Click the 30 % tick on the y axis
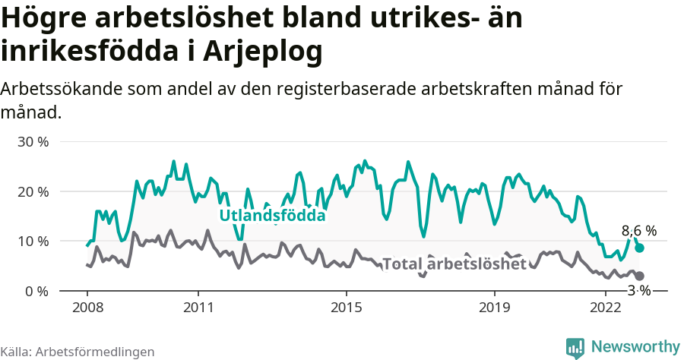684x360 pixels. (33, 142)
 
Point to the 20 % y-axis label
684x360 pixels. (33, 191)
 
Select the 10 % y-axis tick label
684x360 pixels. (33, 242)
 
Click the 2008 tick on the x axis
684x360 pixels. (87, 308)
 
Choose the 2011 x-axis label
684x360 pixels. (198, 308)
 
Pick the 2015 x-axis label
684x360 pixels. (347, 308)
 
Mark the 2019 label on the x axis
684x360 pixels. (495, 308)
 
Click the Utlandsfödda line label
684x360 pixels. (272, 216)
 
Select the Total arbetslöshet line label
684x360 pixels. (454, 264)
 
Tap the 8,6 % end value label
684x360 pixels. (638, 231)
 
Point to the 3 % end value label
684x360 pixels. (638, 291)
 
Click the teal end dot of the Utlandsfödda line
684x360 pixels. (640, 248)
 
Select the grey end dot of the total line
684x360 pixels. (640, 276)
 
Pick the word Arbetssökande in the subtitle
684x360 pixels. (66, 89)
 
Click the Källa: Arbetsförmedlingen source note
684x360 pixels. (78, 352)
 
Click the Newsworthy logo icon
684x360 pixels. (575, 347)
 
